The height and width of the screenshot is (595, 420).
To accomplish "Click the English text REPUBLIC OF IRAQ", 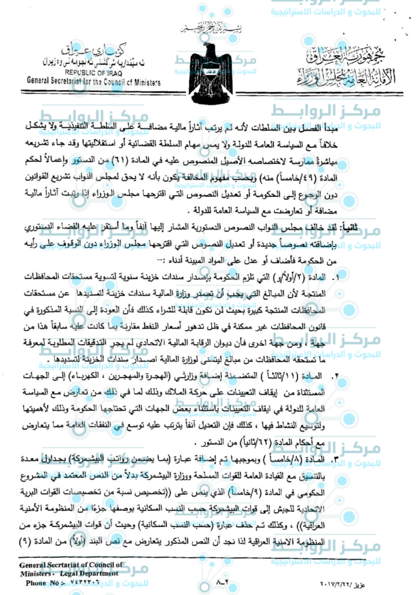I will tap(90, 73).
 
